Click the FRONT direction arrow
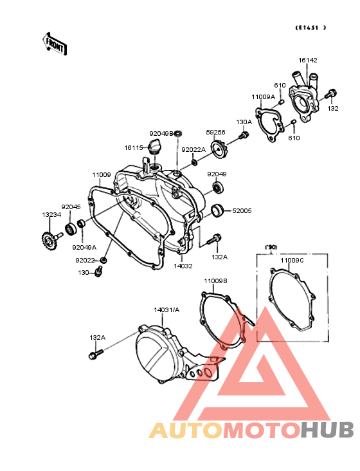[x=54, y=44]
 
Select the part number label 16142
[x=307, y=60]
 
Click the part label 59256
[x=215, y=132]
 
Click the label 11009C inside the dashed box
[x=292, y=260]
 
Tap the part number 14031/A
[x=166, y=309]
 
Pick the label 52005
[x=242, y=210]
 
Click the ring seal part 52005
[x=217, y=210]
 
